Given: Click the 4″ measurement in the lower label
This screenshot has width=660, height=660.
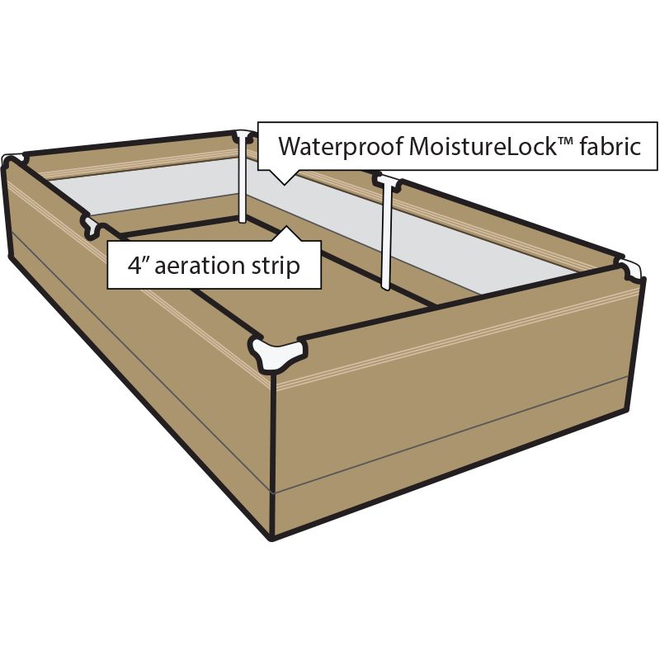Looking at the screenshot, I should point(138,266).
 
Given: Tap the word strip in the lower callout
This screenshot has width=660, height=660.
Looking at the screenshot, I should point(276,266).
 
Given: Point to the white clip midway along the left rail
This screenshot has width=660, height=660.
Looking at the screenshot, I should point(93,224).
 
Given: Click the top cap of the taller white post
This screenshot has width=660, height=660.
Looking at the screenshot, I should point(386,180).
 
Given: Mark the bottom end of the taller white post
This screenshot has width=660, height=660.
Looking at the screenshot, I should point(385,286).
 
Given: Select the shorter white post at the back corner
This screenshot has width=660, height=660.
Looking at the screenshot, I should point(243,177).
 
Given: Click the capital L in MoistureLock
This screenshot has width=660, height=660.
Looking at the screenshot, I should point(493,147).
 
